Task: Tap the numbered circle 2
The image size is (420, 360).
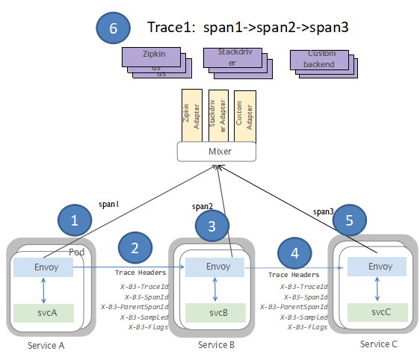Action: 135,249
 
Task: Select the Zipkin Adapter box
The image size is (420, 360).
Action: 193,116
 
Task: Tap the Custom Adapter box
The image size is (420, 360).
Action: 245,116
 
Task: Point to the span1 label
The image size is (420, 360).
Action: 109,203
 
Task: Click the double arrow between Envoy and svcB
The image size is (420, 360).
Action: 215,288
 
